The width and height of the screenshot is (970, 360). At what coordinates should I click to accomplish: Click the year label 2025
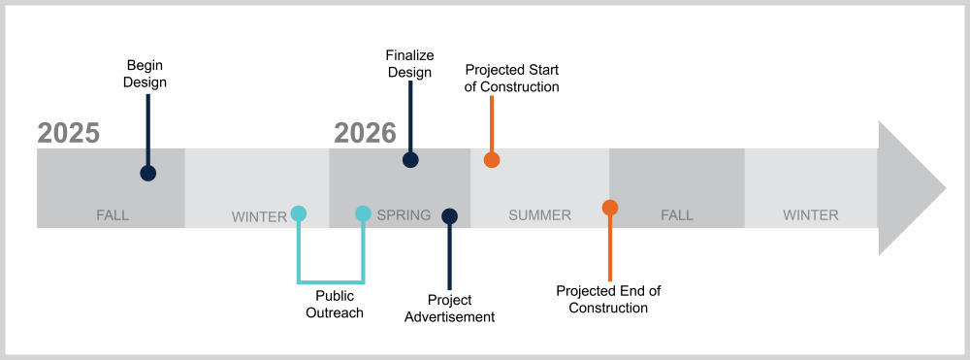(69, 133)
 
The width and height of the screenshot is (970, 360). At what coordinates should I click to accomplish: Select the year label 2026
(365, 133)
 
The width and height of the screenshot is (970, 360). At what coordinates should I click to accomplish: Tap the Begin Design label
(145, 74)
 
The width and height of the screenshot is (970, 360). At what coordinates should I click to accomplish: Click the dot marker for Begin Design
(147, 173)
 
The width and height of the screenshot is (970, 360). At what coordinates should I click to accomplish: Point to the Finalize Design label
(409, 64)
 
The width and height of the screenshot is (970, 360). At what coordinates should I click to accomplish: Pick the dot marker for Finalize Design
(410, 159)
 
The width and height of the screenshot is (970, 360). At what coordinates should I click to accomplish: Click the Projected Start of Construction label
(511, 78)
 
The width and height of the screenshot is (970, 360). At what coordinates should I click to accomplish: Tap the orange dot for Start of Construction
(491, 159)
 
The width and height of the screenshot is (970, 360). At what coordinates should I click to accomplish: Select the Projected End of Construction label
(609, 299)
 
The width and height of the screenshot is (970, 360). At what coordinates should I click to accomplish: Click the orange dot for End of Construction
(610, 208)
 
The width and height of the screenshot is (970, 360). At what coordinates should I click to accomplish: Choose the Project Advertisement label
(450, 309)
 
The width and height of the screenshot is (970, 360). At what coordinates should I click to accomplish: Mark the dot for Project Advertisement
(450, 215)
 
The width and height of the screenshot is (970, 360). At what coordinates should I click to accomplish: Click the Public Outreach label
(335, 305)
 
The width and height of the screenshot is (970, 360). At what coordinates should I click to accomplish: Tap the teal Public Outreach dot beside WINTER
(299, 213)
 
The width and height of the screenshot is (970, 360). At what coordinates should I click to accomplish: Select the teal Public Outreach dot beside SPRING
(363, 213)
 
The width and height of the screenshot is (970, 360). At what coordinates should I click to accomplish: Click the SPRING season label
(404, 215)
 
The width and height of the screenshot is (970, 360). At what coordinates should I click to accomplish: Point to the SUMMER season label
(539, 215)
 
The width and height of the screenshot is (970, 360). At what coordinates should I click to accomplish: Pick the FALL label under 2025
(113, 215)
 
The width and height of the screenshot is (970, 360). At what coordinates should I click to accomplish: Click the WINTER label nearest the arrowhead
(810, 215)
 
